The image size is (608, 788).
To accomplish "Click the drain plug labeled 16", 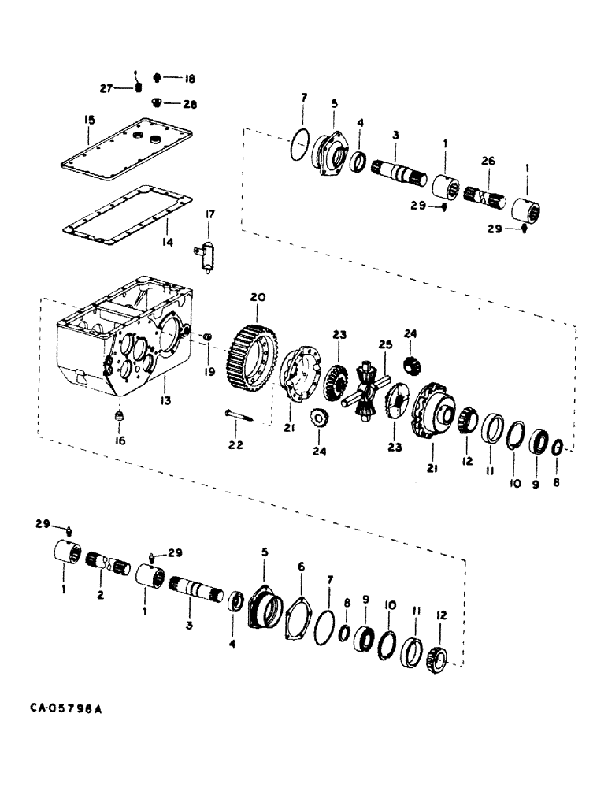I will point(119,414).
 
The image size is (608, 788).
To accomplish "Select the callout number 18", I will point(189,79).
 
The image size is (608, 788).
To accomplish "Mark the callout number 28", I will point(189,104).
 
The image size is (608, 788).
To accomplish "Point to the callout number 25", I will point(385,344).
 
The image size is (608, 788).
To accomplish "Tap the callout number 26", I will point(488,161).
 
